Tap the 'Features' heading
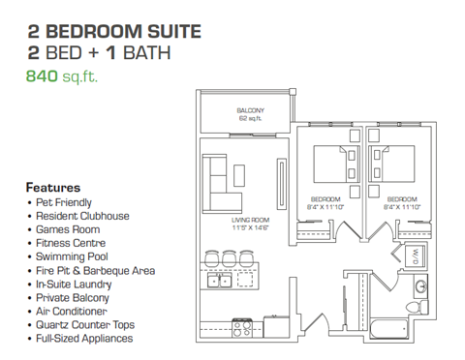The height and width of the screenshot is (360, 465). (x=52, y=187)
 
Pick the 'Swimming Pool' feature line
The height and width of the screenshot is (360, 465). (x=72, y=257)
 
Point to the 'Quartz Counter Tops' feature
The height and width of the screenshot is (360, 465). (x=86, y=325)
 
